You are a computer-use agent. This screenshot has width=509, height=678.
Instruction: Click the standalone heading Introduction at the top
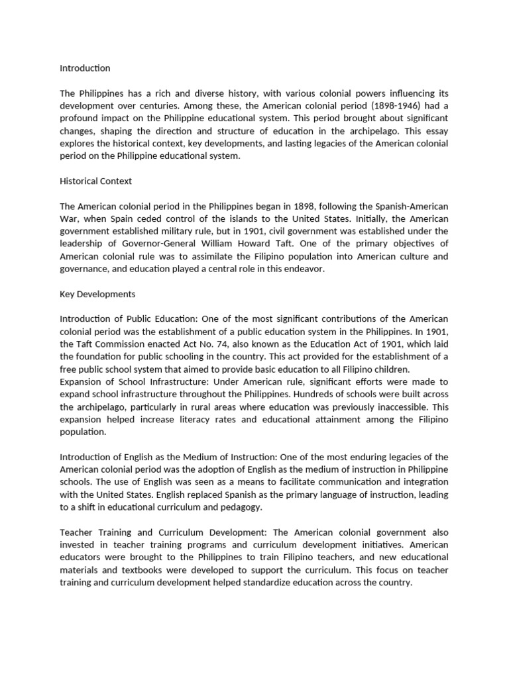85,68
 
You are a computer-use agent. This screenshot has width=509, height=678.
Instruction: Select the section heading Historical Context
96,181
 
